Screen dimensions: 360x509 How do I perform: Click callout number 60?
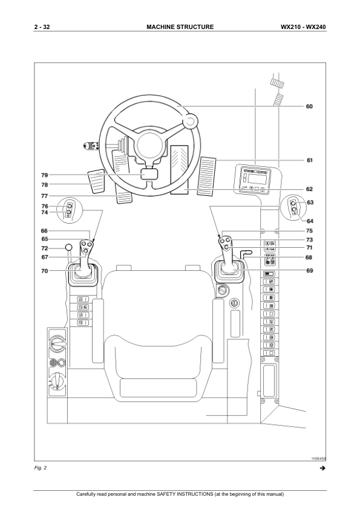(x=309, y=106)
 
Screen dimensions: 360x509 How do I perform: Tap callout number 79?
(x=45, y=175)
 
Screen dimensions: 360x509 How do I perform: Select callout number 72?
(x=45, y=248)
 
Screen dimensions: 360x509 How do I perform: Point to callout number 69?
(x=309, y=270)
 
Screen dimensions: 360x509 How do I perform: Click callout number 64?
(x=310, y=221)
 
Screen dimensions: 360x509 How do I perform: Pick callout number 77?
(x=45, y=196)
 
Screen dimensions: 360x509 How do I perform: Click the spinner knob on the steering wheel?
(x=190, y=122)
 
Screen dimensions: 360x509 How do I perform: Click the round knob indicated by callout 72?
(x=68, y=248)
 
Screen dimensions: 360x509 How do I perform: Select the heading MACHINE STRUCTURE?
(x=180, y=27)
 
